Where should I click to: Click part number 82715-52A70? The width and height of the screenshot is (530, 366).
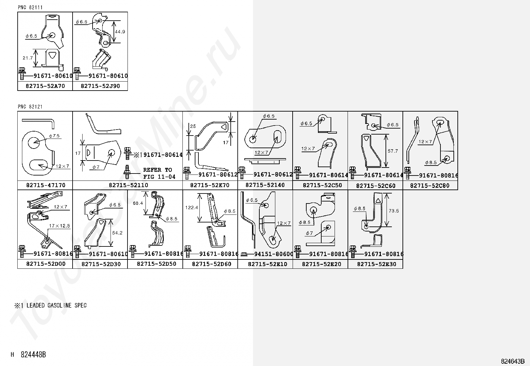pyautogui.click(x=45, y=86)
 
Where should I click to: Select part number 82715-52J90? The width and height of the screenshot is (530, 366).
pyautogui.click(x=100, y=86)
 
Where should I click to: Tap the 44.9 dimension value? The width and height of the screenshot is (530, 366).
pyautogui.click(x=120, y=32)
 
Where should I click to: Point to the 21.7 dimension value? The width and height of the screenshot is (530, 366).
pyautogui.click(x=28, y=58)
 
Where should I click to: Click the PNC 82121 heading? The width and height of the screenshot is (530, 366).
pyautogui.click(x=30, y=107)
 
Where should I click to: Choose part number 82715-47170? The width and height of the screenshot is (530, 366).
pyautogui.click(x=46, y=185)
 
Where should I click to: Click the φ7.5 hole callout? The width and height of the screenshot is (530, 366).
pyautogui.click(x=54, y=136)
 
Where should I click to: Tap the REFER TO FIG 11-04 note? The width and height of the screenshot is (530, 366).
pyautogui.click(x=159, y=173)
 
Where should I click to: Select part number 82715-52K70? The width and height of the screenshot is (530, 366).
pyautogui.click(x=210, y=185)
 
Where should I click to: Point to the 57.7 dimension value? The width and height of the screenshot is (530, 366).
pyautogui.click(x=393, y=151)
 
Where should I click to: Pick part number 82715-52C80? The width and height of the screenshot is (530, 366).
pyautogui.click(x=430, y=185)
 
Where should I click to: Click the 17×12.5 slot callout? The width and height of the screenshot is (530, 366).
pyautogui.click(x=59, y=226)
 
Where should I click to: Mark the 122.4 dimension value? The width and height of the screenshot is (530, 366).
pyautogui.click(x=191, y=207)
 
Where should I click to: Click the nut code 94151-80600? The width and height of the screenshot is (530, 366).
pyautogui.click(x=274, y=254)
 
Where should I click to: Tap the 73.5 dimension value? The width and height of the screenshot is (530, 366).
pyautogui.click(x=394, y=211)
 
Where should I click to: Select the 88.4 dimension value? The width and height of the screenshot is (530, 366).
pyautogui.click(x=138, y=203)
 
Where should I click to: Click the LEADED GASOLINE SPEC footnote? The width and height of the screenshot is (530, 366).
pyautogui.click(x=51, y=305)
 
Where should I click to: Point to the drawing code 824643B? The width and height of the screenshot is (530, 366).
pyautogui.click(x=513, y=361)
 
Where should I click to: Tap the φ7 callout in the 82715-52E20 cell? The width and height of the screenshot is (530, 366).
pyautogui.click(x=309, y=233)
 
